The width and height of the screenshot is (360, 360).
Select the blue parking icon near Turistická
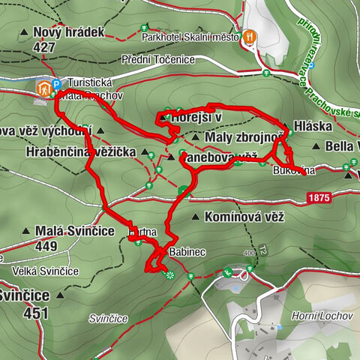(x=55, y=85)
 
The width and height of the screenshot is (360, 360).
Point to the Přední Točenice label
(x=166, y=59)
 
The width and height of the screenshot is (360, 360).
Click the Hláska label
(x=313, y=127)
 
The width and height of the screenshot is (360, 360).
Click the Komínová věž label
(x=235, y=217)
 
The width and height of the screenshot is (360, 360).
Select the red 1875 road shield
(x=318, y=197)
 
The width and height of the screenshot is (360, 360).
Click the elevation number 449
(x=46, y=245)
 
